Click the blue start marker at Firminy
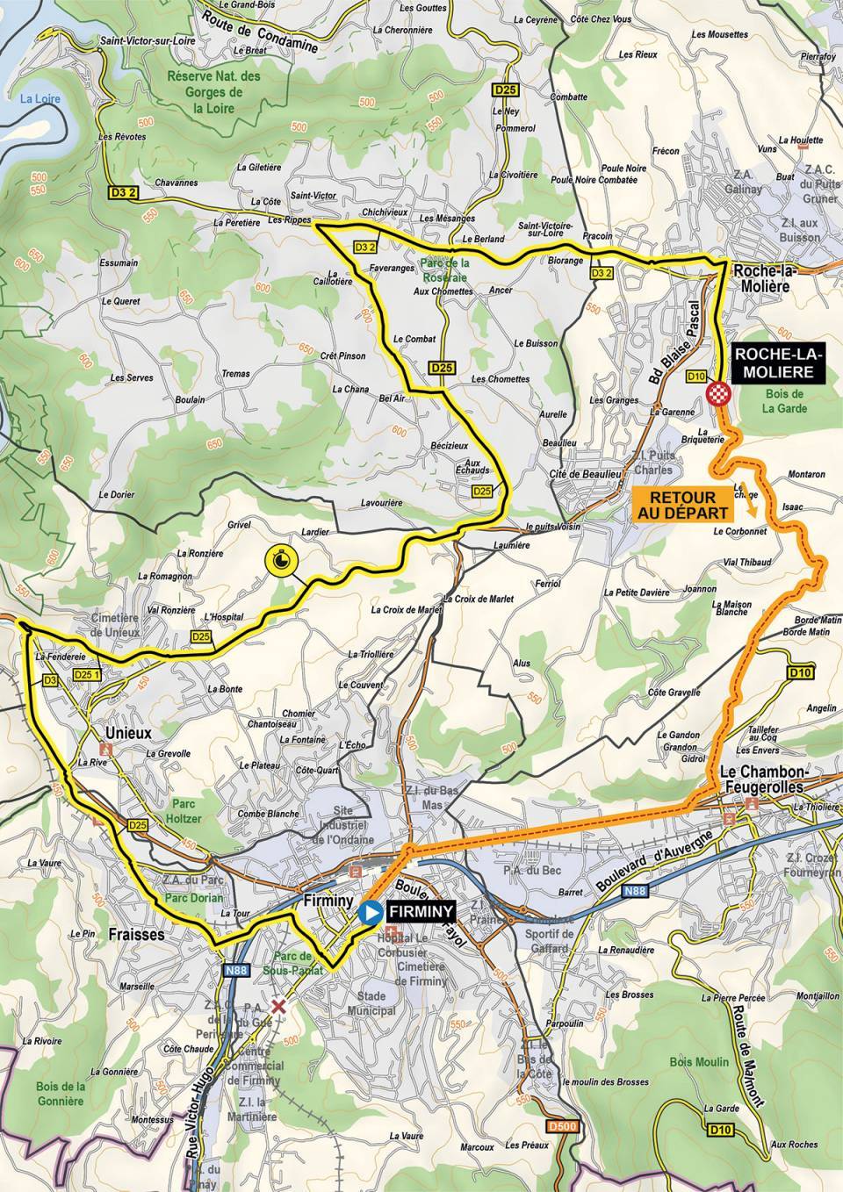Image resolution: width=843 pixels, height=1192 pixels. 371,912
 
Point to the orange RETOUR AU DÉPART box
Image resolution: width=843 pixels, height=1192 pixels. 678,502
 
